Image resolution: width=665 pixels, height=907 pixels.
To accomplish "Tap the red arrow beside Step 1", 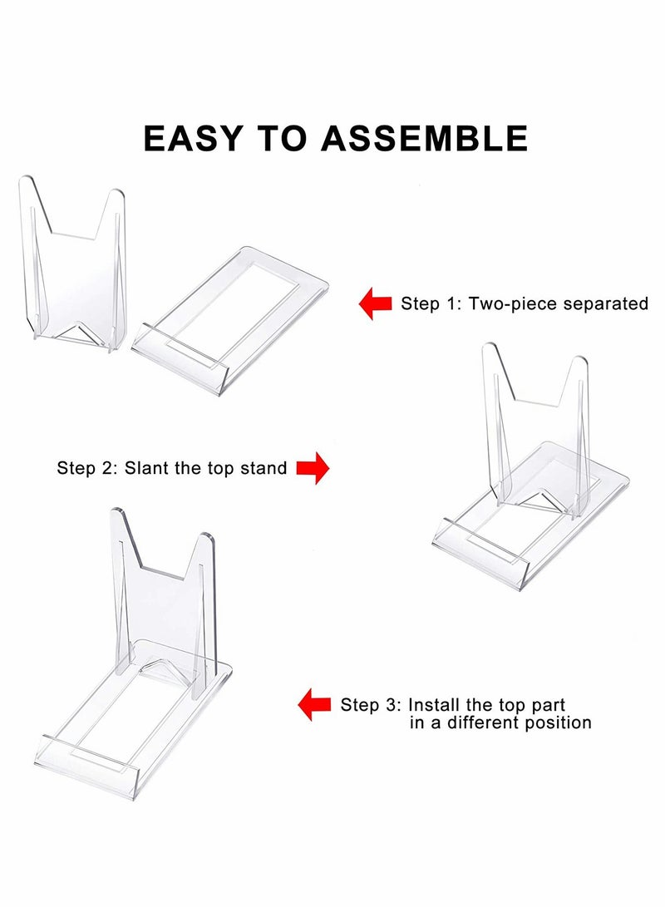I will point(375,303).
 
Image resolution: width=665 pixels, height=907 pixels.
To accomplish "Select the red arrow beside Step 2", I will point(313,468).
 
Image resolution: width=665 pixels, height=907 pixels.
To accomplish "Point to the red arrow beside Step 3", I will point(315,704).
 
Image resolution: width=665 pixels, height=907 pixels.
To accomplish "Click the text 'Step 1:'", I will point(431,303).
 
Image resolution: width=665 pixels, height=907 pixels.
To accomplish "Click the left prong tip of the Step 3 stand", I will point(119,515).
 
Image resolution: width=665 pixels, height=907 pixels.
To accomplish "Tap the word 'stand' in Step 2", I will point(265,468).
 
